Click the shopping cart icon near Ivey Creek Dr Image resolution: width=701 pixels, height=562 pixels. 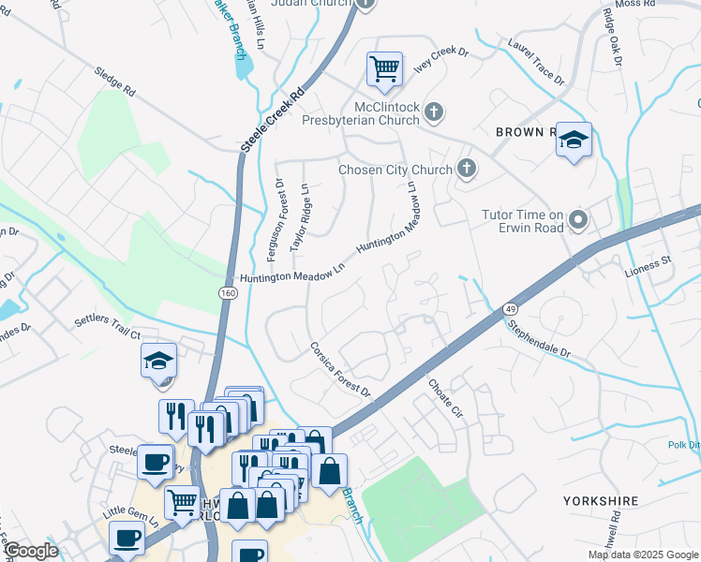(384, 67)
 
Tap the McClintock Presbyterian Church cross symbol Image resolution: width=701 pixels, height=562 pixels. (433, 112)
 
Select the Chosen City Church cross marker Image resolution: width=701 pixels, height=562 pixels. (466, 170)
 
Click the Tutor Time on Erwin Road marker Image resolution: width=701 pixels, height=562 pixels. (578, 221)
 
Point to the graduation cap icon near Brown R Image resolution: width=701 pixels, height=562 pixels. (574, 140)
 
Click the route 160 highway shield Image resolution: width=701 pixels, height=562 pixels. (228, 293)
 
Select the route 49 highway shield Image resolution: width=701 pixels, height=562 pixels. (509, 307)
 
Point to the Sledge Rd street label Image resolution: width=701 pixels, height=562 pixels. (115, 83)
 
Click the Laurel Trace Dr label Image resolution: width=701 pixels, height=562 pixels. (536, 62)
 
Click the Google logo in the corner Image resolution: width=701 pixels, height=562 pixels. (30, 551)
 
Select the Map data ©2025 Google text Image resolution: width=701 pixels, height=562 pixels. (643, 555)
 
